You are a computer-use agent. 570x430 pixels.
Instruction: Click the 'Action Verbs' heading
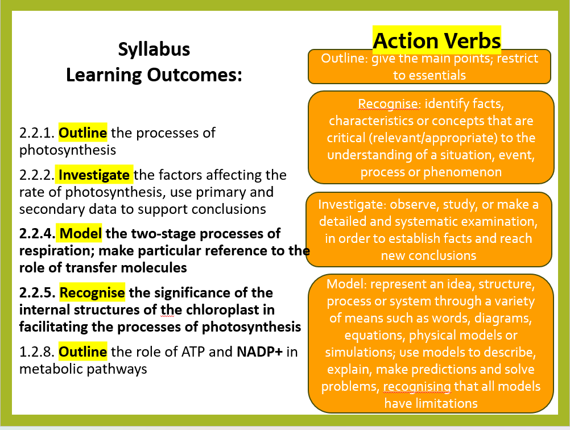point(436,40)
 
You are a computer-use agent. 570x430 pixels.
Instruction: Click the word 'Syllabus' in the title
point(154,49)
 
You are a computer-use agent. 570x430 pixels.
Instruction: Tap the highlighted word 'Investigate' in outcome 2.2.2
point(94,175)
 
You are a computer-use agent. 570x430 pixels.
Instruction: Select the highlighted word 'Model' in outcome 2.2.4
point(80,233)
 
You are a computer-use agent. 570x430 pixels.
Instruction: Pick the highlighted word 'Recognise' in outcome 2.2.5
point(92,292)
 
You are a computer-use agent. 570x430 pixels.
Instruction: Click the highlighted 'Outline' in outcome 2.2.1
point(83,133)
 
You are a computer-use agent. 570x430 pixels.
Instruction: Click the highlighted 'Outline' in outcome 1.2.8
point(83,352)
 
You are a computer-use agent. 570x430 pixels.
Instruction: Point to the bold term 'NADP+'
point(259,352)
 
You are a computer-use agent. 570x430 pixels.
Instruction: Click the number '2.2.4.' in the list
point(37,233)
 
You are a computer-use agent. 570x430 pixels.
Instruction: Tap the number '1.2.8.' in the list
point(37,352)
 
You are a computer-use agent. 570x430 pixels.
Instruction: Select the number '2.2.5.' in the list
point(37,292)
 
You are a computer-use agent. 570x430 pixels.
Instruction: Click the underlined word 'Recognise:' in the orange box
point(389,104)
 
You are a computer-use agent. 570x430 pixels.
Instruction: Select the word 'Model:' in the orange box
point(346,284)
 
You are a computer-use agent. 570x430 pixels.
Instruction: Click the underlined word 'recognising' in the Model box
point(417,386)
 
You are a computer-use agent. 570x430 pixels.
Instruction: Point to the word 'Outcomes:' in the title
point(195,75)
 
